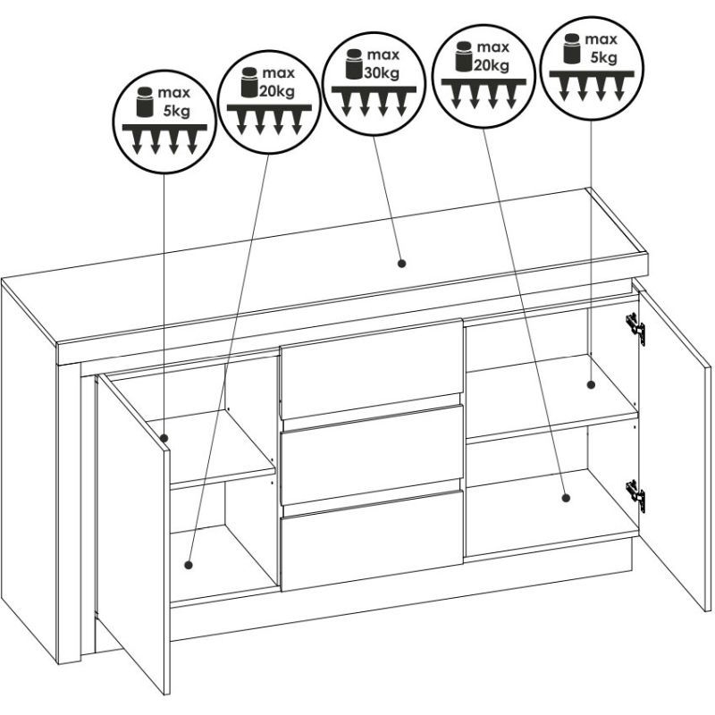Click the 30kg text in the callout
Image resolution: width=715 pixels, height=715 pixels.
click(382, 72)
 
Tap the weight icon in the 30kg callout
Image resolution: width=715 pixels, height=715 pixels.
click(353, 63)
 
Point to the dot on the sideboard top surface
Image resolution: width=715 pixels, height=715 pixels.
click(401, 263)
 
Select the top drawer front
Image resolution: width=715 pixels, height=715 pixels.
click(372, 368)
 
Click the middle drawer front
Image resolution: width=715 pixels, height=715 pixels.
click(372, 455)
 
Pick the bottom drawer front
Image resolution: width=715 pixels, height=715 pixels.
click(372, 541)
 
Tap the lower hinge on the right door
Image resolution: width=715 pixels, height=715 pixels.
click(635, 496)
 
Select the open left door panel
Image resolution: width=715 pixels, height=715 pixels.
click(133, 534)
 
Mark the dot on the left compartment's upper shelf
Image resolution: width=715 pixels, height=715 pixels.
click(165, 439)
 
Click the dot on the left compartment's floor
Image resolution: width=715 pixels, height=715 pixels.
click(189, 566)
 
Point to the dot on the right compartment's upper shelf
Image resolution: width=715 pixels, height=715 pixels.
click(591, 384)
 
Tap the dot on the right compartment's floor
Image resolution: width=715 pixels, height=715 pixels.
click(566, 498)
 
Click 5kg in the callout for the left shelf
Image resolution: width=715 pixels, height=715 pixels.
click(177, 111)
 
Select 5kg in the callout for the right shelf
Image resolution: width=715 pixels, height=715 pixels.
click(604, 58)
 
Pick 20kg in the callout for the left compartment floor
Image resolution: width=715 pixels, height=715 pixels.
click(277, 91)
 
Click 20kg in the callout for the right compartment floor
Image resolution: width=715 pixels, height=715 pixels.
click(491, 65)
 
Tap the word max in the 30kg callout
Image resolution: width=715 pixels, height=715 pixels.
click(383, 55)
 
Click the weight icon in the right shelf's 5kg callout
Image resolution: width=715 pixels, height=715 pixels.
click(572, 48)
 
